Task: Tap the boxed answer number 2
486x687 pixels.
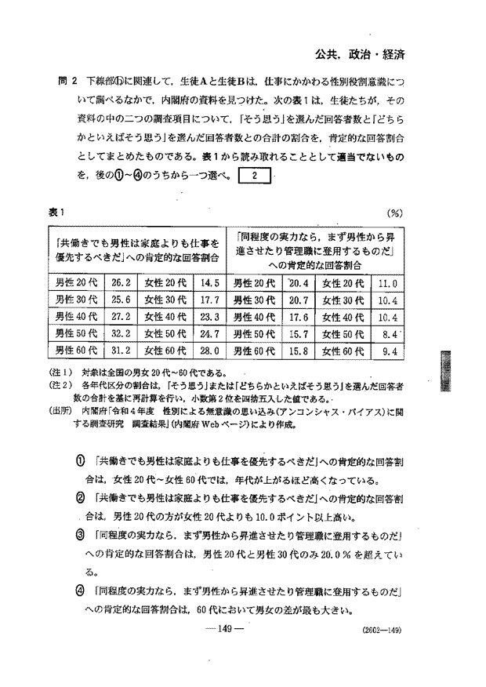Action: point(254,176)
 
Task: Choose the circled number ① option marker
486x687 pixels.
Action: point(79,461)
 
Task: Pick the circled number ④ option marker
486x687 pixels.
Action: point(79,592)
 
